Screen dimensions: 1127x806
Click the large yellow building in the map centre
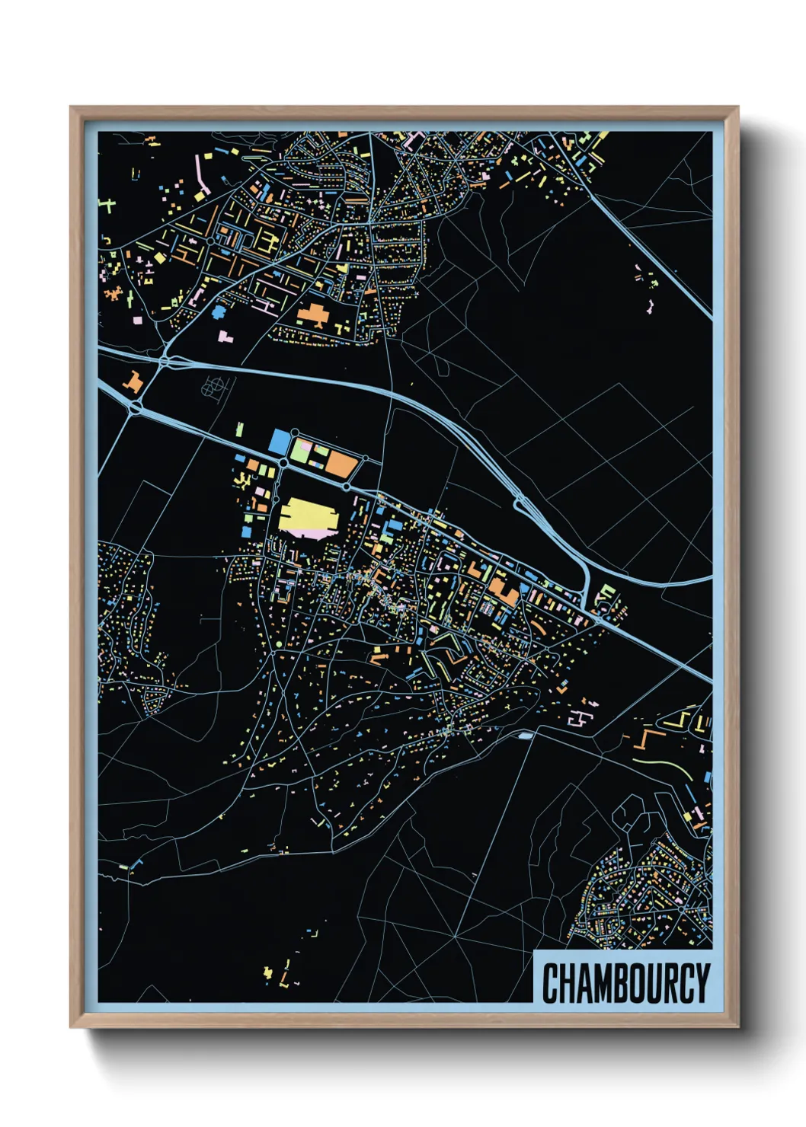[308, 517]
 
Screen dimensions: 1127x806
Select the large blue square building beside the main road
[280, 442]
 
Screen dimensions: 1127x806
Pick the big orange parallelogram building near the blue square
[342, 465]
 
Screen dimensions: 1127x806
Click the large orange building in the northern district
[312, 313]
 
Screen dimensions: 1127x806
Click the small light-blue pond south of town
[525, 736]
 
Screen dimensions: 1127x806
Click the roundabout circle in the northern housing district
[210, 241]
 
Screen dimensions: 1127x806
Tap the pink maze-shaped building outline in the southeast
[580, 718]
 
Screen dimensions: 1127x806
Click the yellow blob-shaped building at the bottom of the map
[267, 972]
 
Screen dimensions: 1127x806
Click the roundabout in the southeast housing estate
[680, 909]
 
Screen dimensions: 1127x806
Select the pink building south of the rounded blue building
[225, 336]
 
